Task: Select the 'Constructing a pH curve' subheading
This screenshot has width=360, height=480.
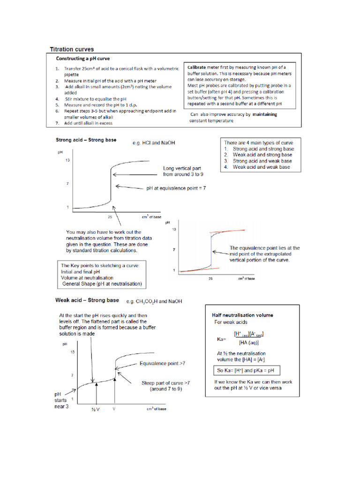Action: coord(87,59)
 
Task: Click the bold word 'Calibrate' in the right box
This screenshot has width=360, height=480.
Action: coord(199,67)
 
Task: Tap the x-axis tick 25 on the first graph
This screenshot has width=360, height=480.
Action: coord(109,217)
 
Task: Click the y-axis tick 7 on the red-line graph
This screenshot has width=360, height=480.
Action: coord(174,250)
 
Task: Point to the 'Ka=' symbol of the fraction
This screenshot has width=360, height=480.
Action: coord(222,338)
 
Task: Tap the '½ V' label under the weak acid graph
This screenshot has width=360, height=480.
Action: coord(96,409)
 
